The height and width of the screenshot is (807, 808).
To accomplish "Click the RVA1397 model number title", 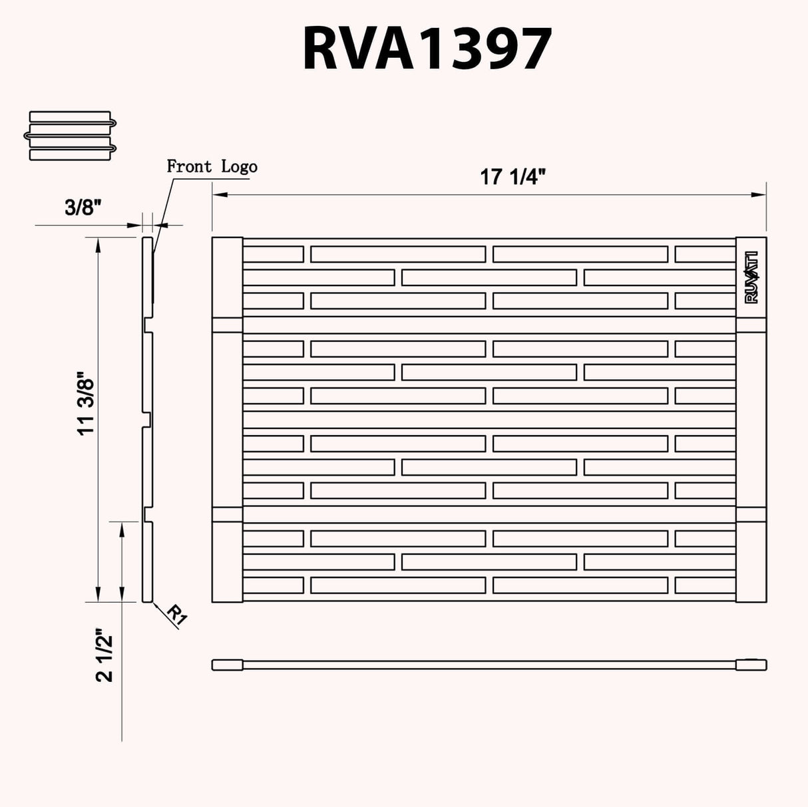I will pyautogui.click(x=427, y=49).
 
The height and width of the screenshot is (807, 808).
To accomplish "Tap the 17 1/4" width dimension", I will pyautogui.click(x=513, y=178).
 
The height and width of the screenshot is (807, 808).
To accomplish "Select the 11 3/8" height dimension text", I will pyautogui.click(x=87, y=404).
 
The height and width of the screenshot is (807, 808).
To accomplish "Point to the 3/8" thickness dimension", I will pyautogui.click(x=83, y=208).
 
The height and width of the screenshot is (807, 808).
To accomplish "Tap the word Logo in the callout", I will pyautogui.click(x=239, y=167).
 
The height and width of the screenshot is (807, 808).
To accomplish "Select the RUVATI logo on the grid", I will pyautogui.click(x=752, y=277).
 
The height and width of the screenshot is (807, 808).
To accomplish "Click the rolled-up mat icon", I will pyautogui.click(x=71, y=135).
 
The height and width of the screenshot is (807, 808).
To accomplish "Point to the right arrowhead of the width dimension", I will pyautogui.click(x=759, y=195).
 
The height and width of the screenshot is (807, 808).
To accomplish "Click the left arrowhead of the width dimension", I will pyautogui.click(x=219, y=195).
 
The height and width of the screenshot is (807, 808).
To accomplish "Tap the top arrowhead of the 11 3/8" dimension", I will pyautogui.click(x=99, y=243).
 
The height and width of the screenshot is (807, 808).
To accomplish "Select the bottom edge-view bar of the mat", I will pyautogui.click(x=489, y=665).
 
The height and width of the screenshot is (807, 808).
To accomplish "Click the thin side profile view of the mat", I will pyautogui.click(x=147, y=419).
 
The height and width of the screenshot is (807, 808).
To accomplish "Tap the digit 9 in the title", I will pyautogui.click(x=493, y=49).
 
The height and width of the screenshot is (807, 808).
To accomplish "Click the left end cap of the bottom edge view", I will pyautogui.click(x=227, y=665).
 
